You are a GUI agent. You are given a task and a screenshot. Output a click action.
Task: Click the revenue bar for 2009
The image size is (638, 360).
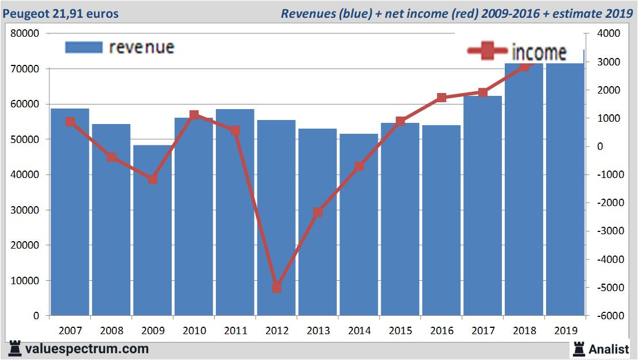click(152, 230)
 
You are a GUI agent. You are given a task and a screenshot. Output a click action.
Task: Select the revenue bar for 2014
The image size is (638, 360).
click(359, 224)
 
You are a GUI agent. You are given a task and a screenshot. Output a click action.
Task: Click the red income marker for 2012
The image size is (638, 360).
click(277, 287)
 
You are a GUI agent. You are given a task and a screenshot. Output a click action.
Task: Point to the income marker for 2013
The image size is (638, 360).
click(318, 212)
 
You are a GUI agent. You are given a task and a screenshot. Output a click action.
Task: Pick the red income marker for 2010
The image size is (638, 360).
click(194, 115)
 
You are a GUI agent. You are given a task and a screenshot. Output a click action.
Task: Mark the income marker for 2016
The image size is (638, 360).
click(442, 98)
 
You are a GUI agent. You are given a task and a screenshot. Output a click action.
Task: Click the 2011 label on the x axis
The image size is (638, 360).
click(235, 331)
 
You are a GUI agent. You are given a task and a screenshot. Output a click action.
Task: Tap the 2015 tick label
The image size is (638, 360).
click(400, 331)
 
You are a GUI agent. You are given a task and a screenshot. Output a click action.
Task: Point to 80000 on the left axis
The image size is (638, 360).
click(25, 33)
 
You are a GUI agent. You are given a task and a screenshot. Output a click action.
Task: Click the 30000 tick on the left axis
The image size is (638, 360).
click(25, 210)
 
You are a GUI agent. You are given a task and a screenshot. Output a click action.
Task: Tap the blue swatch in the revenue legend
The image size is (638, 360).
click(84, 47)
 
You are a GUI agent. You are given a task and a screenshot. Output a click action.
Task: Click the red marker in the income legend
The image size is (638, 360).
click(487, 52)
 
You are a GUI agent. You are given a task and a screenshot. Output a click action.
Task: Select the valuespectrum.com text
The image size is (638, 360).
click(86, 349)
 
